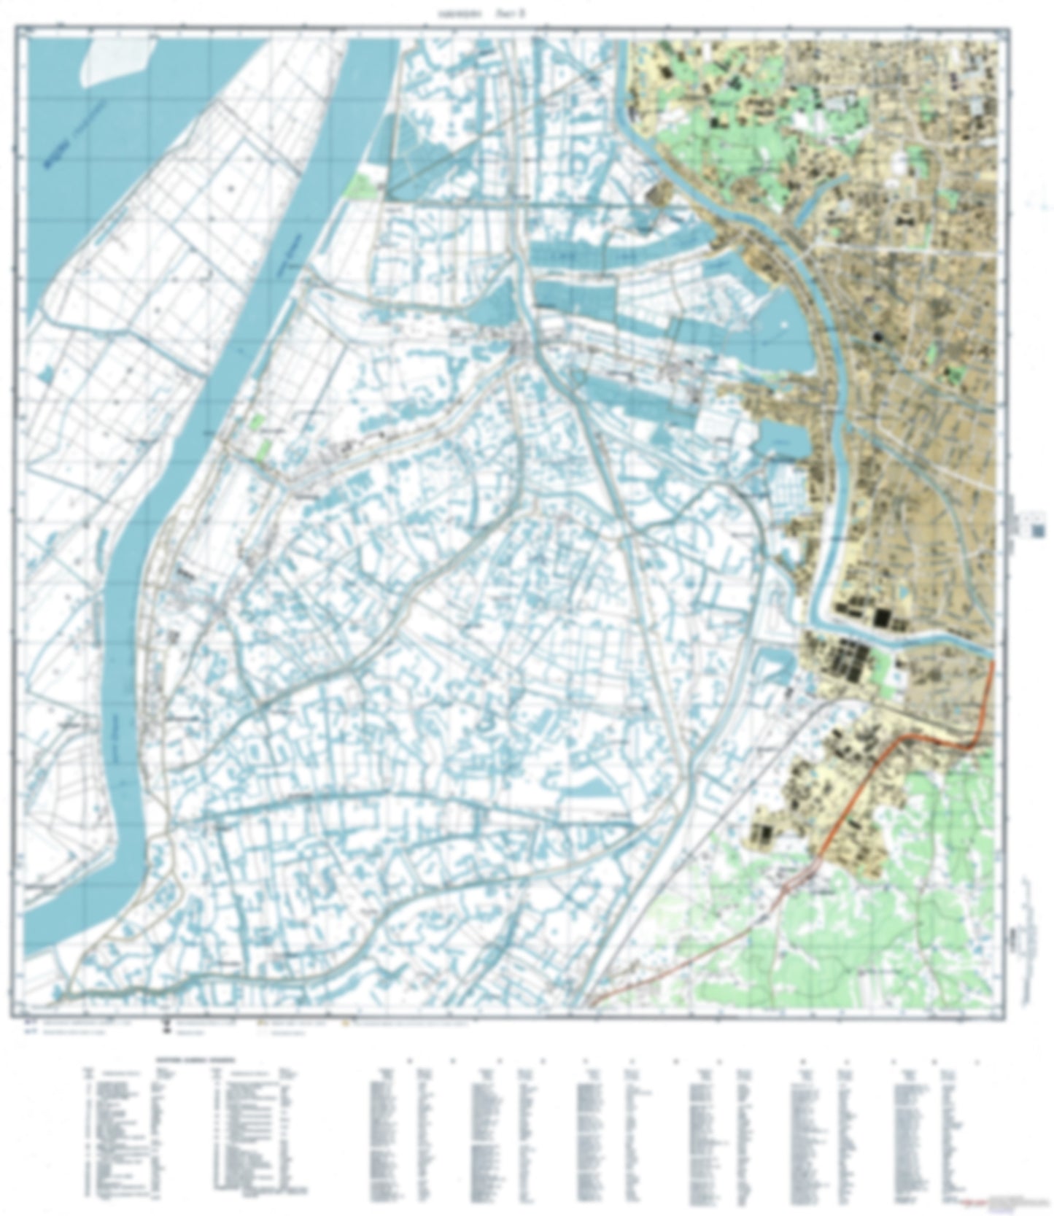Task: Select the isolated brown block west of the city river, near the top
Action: pyautogui.click(x=664, y=193)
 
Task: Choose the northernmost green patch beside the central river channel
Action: pyautogui.click(x=363, y=185)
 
